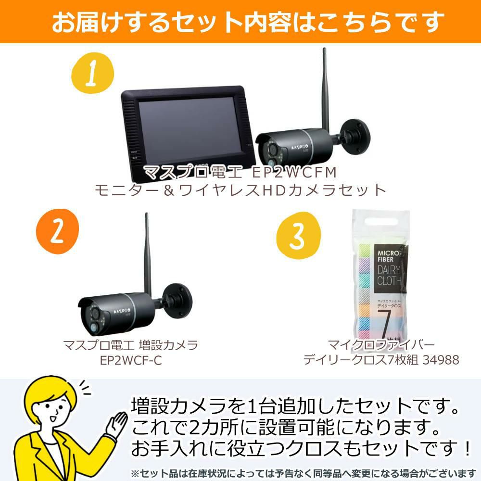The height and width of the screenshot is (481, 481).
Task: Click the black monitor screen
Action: click(x=185, y=130)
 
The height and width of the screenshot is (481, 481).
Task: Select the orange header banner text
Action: click(x=240, y=22)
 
